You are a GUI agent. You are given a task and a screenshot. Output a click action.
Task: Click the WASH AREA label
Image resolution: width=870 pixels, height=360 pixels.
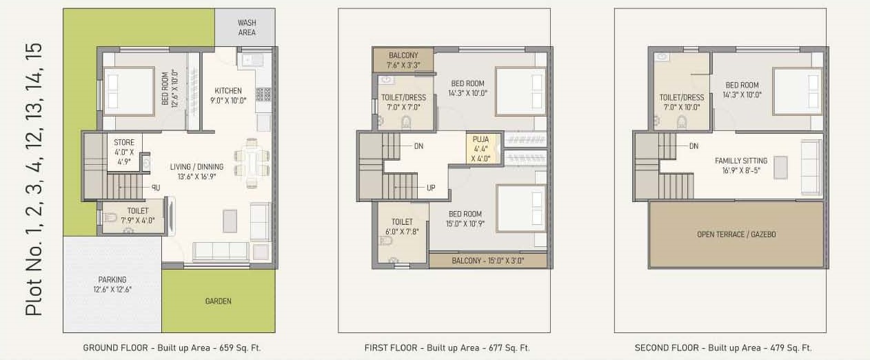tap(247, 28)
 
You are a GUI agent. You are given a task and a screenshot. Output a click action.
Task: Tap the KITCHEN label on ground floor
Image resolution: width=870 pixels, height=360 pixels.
tap(228, 96)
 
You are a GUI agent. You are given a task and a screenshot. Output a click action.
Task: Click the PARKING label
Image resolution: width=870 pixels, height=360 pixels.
tap(112, 284)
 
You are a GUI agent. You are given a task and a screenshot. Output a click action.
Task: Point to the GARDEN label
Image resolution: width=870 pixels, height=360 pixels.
tap(219, 301)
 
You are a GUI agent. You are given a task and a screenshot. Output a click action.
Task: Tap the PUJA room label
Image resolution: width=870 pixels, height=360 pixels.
tap(480, 148)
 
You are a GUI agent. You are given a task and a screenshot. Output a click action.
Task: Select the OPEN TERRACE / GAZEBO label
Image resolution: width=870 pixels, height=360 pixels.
tap(736, 234)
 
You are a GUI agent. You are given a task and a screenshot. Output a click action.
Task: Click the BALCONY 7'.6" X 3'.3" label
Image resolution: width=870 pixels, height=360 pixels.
tap(403, 60)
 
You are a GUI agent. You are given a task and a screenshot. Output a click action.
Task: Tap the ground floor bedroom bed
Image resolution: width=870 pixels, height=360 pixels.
tap(129, 92)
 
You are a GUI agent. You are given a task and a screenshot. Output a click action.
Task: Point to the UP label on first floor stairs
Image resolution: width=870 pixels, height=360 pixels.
tap(431, 188)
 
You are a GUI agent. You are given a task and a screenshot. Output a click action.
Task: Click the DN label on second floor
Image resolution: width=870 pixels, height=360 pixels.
tap(694, 146)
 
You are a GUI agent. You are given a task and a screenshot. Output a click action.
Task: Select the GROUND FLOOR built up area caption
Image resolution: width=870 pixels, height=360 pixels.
tap(172, 348)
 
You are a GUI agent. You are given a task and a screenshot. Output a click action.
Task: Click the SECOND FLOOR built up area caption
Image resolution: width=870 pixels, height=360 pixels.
tap(723, 348)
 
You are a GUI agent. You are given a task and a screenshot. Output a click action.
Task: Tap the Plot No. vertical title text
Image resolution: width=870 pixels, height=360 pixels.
tap(34, 179)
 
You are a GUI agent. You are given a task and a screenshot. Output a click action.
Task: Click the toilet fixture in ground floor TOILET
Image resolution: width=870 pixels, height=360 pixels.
tap(110, 218)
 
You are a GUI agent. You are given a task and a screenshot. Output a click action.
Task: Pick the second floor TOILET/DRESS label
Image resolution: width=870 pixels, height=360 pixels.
tap(681, 102)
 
